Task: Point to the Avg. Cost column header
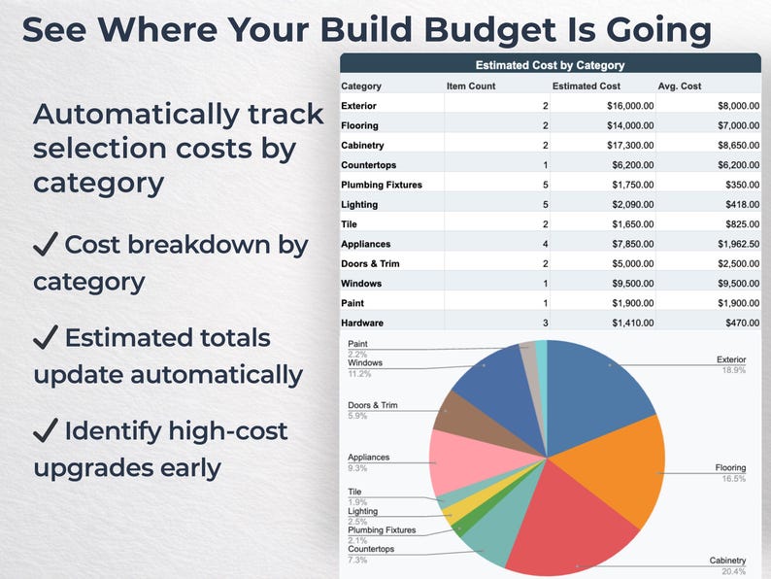(x=679, y=86)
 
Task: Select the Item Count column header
(x=471, y=86)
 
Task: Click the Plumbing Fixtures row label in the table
(x=382, y=185)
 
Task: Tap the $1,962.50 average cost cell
(x=738, y=244)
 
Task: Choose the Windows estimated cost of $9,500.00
(x=633, y=284)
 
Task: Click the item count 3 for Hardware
(x=546, y=323)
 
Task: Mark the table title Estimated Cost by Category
(x=550, y=65)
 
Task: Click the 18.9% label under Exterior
(x=734, y=370)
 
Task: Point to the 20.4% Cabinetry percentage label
(x=734, y=571)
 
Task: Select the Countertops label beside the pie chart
(x=371, y=549)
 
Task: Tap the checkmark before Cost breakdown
(x=46, y=244)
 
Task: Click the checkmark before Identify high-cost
(x=46, y=430)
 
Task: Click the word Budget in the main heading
(x=489, y=30)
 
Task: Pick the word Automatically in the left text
(x=136, y=115)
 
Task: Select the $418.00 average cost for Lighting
(x=743, y=205)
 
